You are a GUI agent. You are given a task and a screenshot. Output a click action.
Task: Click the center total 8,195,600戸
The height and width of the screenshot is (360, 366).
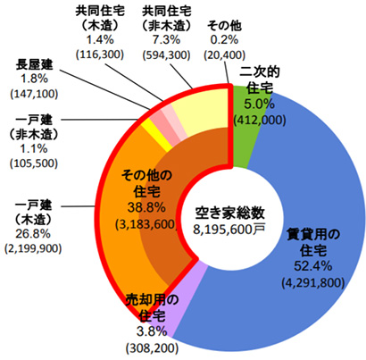pyautogui.click(x=229, y=230)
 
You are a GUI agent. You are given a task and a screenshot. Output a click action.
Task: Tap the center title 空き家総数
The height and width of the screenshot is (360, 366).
pyautogui.click(x=229, y=213)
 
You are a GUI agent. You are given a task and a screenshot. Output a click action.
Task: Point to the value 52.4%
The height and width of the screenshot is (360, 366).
pyautogui.click(x=313, y=266)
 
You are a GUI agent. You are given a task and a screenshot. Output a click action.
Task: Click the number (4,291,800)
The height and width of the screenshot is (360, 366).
pyautogui.click(x=313, y=282)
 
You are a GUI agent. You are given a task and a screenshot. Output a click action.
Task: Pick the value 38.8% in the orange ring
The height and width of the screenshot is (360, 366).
pyautogui.click(x=146, y=207)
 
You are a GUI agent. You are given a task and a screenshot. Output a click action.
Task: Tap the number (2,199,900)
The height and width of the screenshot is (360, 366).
pyautogui.click(x=33, y=248)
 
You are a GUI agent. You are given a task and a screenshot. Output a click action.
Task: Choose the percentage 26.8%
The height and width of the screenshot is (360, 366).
pyautogui.click(x=33, y=234)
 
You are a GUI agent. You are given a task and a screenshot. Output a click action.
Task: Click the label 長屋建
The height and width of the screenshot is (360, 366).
pyautogui.click(x=34, y=64)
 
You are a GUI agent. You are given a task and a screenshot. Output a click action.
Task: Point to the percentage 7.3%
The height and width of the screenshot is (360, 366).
pyautogui.click(x=166, y=39)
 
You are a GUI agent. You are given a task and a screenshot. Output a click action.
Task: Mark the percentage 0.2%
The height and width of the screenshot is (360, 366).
pyautogui.click(x=224, y=39)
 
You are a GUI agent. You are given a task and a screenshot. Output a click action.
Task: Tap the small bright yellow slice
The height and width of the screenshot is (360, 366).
pyautogui.click(x=157, y=135)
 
